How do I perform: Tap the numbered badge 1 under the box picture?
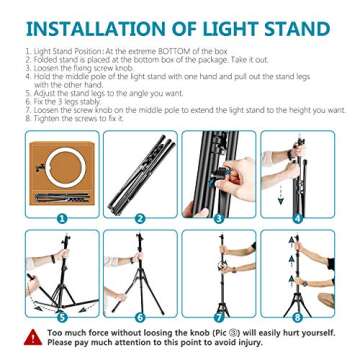pos(61,214)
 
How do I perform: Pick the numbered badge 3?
pos(219,214)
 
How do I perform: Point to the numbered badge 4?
pos(297,214)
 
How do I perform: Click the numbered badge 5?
pos(61,314)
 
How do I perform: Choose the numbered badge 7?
pos(219,314)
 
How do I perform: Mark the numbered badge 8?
pos(297,314)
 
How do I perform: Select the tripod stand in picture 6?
pos(138,275)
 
